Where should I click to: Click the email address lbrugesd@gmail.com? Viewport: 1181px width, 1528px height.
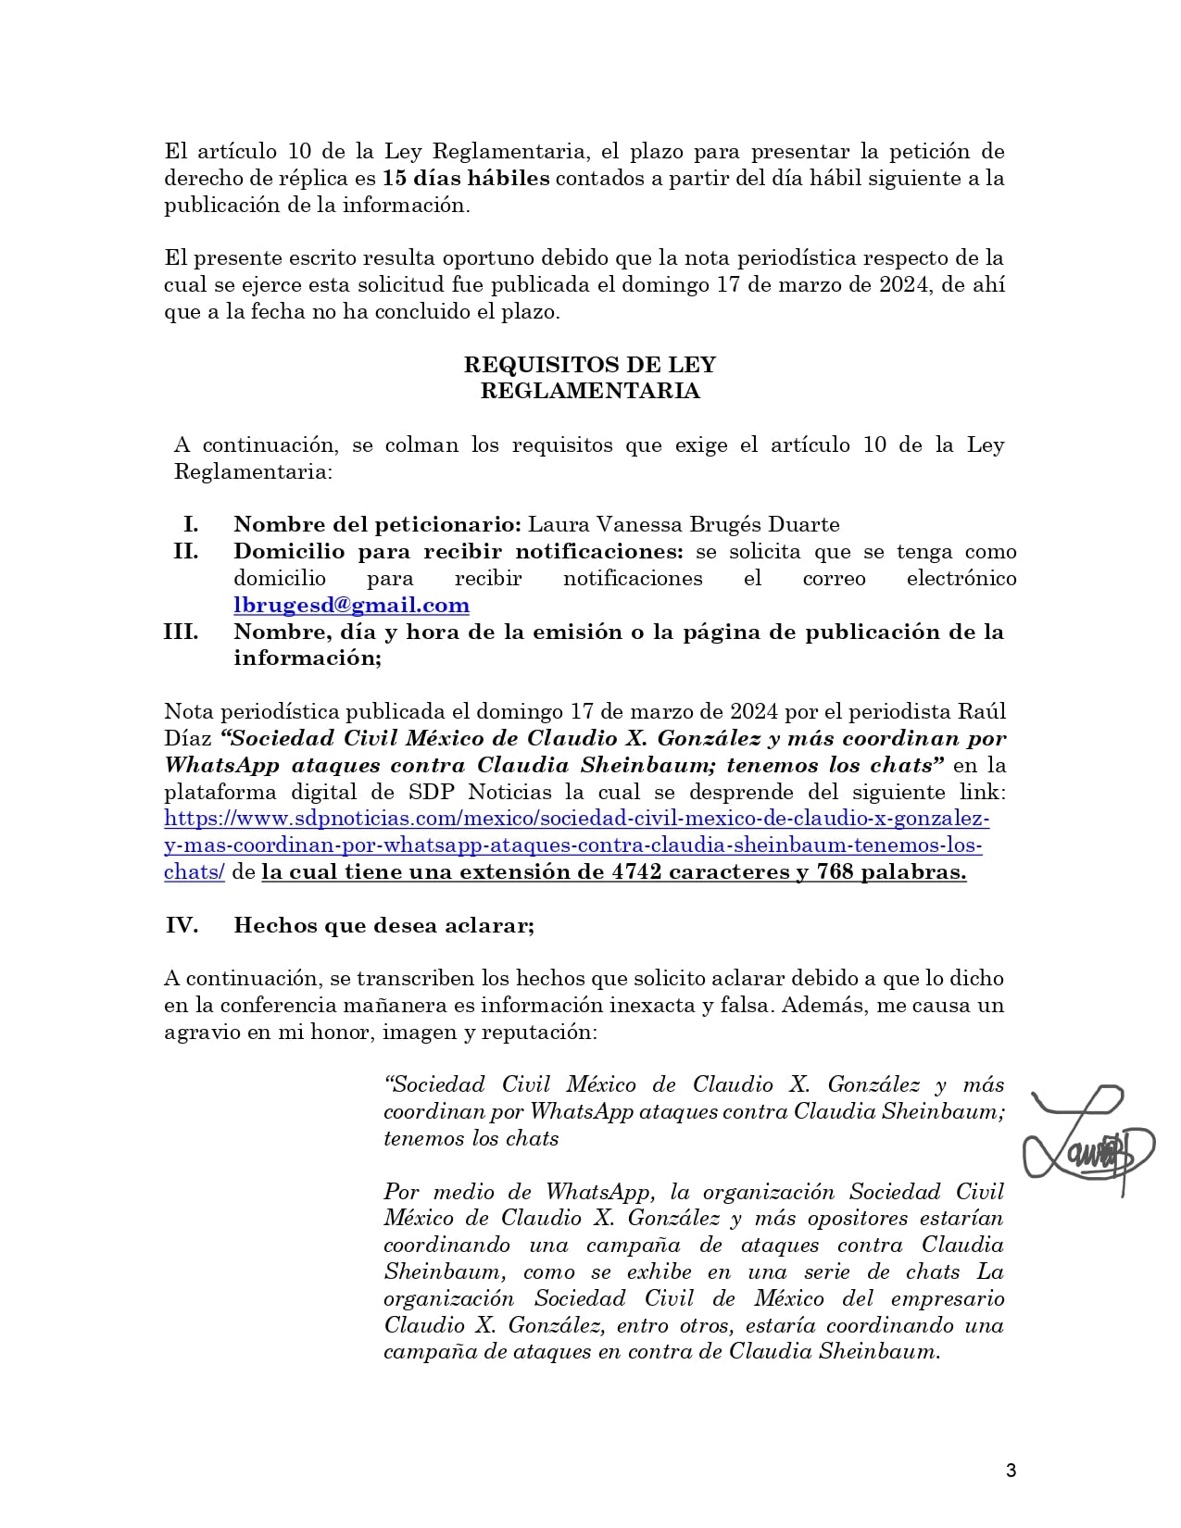[351, 606]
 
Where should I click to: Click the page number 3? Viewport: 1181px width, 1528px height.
[1011, 1471]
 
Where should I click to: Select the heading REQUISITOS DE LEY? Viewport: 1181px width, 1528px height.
[590, 365]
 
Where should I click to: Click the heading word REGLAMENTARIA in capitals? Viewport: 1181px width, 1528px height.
[590, 391]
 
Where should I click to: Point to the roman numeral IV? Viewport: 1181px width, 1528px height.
[182, 925]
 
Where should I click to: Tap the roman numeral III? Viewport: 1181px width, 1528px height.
[181, 632]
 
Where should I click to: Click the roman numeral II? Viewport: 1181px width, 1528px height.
[184, 552]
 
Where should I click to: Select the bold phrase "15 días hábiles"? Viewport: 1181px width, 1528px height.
[466, 178]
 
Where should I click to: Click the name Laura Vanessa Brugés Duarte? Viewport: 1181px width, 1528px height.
[684, 525]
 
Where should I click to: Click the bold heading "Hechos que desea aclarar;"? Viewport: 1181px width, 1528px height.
[383, 925]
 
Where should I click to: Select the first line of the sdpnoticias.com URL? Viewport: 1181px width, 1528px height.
[577, 819]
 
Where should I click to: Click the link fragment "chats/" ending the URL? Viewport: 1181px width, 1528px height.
[195, 872]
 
